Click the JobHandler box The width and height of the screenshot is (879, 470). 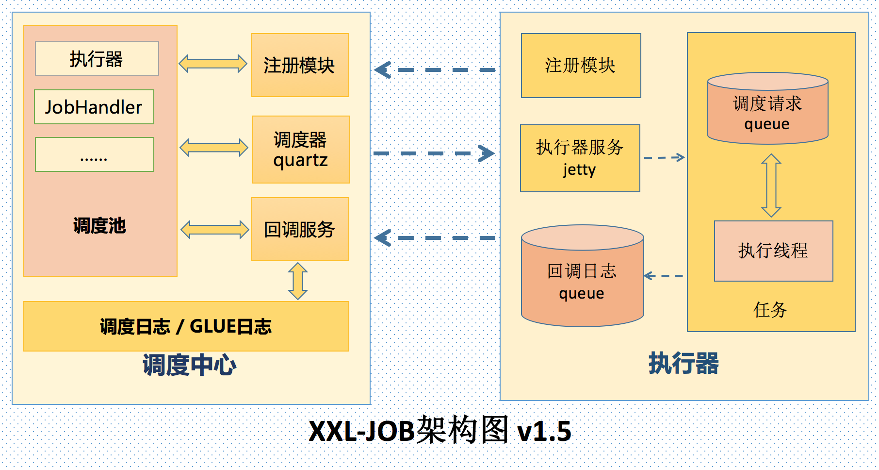click(94, 107)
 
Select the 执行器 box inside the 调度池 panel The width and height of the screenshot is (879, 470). click(97, 59)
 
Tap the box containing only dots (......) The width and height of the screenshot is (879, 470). click(95, 154)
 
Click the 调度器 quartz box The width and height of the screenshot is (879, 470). click(301, 150)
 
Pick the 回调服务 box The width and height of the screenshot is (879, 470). click(300, 229)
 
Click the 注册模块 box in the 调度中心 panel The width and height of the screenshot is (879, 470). click(300, 65)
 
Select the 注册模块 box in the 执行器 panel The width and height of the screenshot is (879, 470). click(581, 66)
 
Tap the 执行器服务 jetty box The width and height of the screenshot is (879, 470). click(580, 158)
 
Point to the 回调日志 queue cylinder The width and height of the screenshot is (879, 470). click(582, 279)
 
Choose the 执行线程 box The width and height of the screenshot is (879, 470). click(773, 251)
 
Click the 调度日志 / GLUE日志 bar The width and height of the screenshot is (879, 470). click(186, 326)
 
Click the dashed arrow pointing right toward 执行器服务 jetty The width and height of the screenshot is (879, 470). click(434, 153)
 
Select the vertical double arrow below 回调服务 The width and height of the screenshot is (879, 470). click(298, 281)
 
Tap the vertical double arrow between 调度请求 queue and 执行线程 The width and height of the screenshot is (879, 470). click(771, 185)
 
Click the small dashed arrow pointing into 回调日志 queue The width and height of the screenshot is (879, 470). click(663, 276)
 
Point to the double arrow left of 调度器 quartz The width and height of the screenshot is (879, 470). click(214, 148)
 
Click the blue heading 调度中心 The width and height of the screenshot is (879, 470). click(189, 365)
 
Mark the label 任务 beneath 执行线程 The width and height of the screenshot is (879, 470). click(770, 310)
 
